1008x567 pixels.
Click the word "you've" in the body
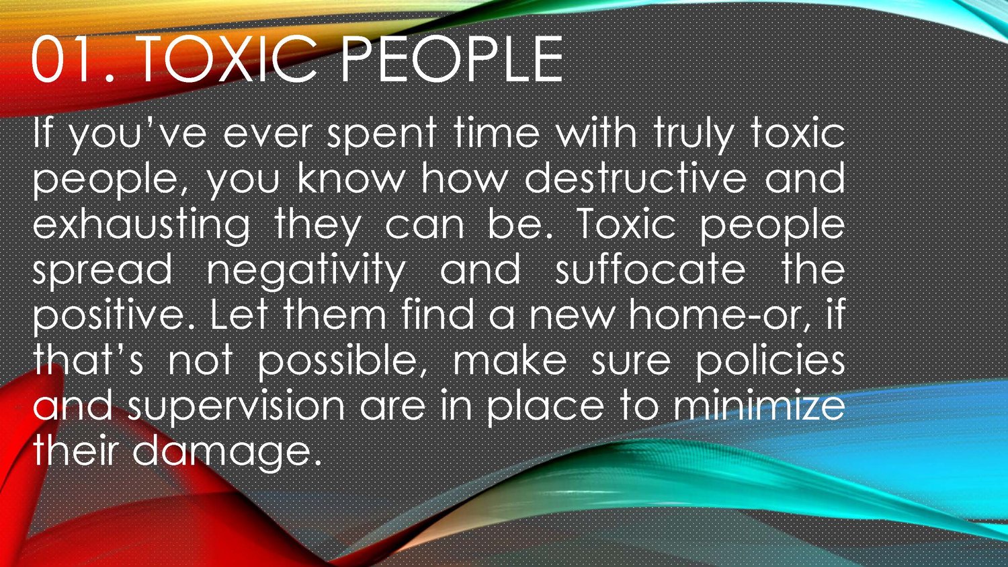click(x=139, y=135)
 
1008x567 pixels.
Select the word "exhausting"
click(x=141, y=225)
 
